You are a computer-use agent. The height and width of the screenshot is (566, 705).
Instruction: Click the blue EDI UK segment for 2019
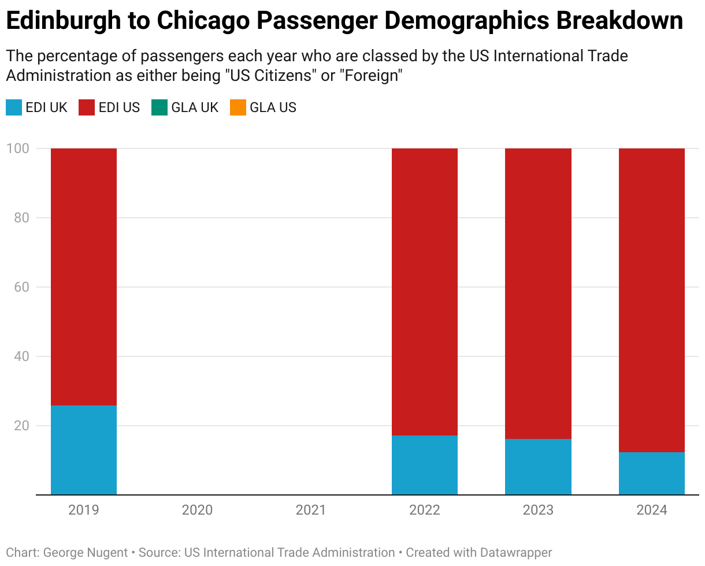pos(84,450)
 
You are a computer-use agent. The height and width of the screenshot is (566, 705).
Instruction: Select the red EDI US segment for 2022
pos(425,292)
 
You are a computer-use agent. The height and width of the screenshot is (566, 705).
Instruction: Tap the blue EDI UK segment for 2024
pos(652,474)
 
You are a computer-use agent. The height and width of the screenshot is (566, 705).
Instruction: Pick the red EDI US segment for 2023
pos(538,293)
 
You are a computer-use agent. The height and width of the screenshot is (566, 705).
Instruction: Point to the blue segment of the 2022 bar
pos(425,465)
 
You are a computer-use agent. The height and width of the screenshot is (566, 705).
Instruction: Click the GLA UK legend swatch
pos(159,107)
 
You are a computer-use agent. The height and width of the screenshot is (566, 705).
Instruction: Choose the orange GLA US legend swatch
pos(238,107)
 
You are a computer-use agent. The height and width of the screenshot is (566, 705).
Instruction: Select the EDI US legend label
pos(120,107)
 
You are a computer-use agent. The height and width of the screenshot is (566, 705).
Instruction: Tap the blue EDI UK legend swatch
pos(14,107)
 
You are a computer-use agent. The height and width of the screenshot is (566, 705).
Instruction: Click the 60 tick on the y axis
pos(21,287)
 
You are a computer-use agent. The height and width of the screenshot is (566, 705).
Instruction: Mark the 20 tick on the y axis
pos(21,426)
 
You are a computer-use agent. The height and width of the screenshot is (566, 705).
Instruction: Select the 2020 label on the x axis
pos(197,510)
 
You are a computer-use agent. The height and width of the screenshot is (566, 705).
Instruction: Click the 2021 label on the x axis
pos(311,510)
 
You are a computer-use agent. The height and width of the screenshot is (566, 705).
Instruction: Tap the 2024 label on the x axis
pos(652,510)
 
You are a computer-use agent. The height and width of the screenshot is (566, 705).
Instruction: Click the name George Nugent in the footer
pos(86,553)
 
